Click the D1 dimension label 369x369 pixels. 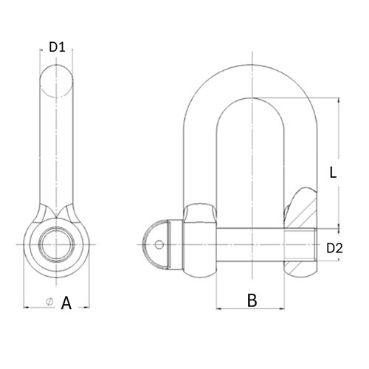click(57, 47)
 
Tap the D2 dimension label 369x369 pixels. click(334, 248)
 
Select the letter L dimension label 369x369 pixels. click(333, 173)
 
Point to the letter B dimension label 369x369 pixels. click(252, 300)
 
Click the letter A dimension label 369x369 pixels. click(66, 303)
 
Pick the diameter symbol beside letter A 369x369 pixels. click(50, 302)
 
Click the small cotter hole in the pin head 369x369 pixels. click(159, 244)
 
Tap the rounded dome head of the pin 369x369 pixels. click(156, 244)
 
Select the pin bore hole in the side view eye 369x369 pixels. click(56, 244)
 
